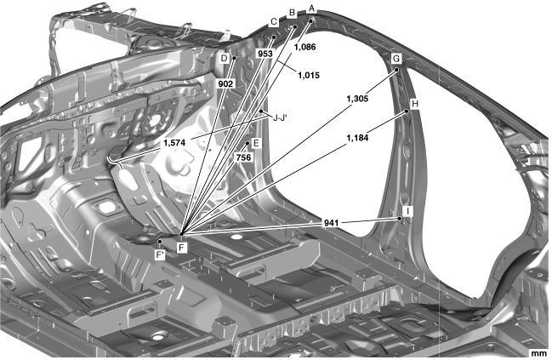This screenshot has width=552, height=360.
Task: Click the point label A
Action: (x=312, y=8)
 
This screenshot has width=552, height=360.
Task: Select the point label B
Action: (x=292, y=14)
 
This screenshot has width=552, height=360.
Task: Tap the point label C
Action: (x=274, y=23)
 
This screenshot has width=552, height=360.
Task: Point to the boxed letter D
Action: (x=224, y=58)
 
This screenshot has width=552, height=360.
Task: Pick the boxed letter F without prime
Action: (x=181, y=247)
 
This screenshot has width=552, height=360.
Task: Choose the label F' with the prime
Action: (x=160, y=254)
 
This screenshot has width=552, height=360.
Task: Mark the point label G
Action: (x=396, y=58)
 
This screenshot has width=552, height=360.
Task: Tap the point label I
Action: (x=408, y=210)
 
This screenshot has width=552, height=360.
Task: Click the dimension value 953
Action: (x=265, y=53)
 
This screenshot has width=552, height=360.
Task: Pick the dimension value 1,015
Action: (x=308, y=75)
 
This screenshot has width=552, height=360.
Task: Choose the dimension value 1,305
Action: (x=357, y=99)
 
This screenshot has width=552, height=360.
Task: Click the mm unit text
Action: (x=538, y=351)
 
